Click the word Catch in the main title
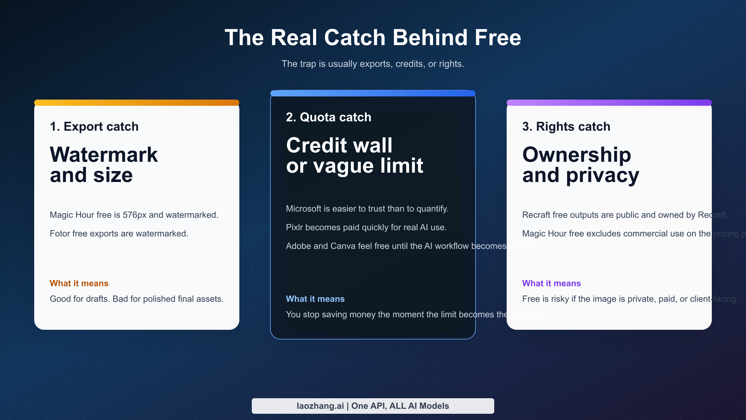click(355, 38)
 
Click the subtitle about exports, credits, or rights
click(373, 64)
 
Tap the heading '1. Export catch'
click(94, 127)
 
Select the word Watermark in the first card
click(104, 155)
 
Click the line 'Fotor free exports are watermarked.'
click(119, 234)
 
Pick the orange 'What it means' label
click(79, 283)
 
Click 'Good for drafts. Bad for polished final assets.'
click(136, 299)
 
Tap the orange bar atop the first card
click(136, 103)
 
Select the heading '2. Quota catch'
click(328, 117)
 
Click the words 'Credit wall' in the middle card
click(339, 145)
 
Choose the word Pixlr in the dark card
click(294, 227)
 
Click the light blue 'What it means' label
click(315, 299)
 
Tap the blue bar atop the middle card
click(373, 93)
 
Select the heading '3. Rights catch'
click(566, 127)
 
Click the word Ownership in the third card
click(577, 155)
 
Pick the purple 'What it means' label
click(551, 283)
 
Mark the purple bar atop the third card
click(609, 103)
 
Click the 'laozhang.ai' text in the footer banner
click(320, 406)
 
